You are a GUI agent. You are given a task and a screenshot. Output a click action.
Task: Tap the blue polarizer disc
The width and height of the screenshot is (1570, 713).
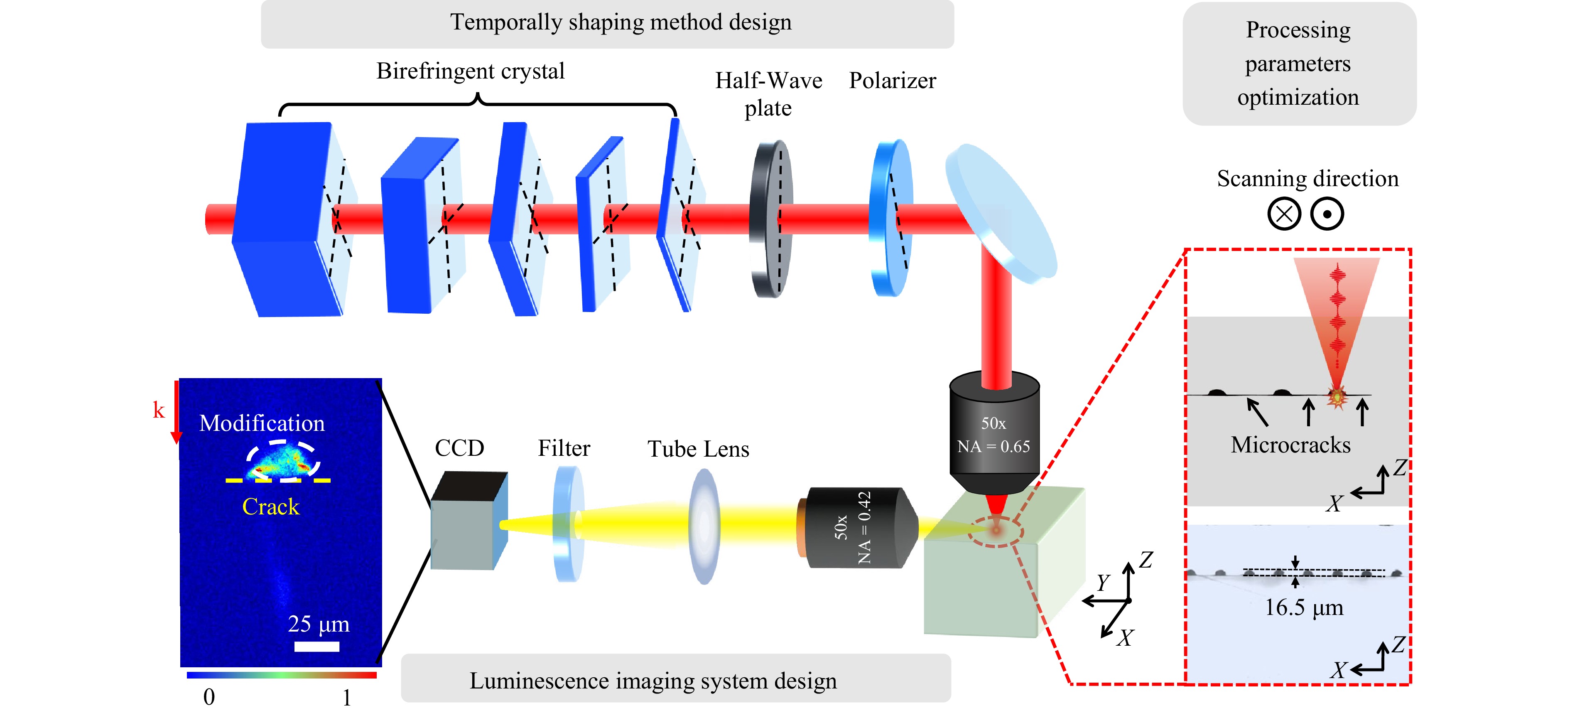point(890,219)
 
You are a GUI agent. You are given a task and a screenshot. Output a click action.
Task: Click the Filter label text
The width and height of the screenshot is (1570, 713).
point(564,448)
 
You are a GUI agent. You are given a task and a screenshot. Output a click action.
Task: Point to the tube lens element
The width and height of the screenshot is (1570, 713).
point(704,526)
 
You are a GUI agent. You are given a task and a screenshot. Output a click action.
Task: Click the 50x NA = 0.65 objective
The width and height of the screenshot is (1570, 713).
point(994,433)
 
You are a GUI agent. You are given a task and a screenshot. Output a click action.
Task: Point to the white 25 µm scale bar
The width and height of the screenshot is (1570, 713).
point(317,646)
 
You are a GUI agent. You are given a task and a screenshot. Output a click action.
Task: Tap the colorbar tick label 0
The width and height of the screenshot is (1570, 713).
point(209,696)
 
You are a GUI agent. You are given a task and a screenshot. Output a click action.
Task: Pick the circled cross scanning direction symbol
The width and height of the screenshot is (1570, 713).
point(1284,214)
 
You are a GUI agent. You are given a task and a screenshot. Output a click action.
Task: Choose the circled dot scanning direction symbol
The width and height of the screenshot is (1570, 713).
point(1327,214)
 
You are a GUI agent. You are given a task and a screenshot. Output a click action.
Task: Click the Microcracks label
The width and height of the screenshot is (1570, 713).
point(1290,445)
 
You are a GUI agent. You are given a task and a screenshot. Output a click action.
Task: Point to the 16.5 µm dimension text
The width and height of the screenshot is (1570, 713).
point(1304,607)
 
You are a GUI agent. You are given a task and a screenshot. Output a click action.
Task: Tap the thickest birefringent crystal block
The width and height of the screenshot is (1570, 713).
point(283,219)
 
